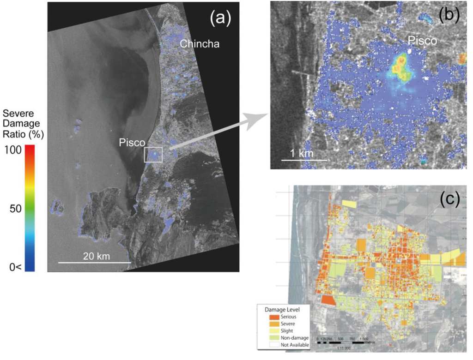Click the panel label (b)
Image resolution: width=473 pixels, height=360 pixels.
coord(446,15)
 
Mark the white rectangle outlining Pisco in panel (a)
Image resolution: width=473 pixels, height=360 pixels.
coord(153,155)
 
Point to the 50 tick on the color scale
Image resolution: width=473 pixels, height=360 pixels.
coord(15,209)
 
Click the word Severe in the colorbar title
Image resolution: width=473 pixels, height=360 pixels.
coord(16,114)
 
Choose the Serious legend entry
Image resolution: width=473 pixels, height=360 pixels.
coord(287,317)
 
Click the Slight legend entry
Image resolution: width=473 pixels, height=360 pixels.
coord(287,331)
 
